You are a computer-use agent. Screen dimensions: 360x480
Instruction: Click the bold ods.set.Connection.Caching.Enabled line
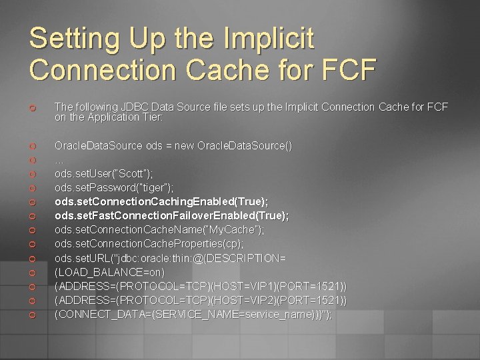pyautogui.click(x=161, y=201)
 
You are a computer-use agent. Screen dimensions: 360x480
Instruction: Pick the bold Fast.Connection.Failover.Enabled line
pyautogui.click(x=172, y=215)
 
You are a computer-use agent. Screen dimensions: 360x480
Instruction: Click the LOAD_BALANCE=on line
pyautogui.click(x=109, y=272)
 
